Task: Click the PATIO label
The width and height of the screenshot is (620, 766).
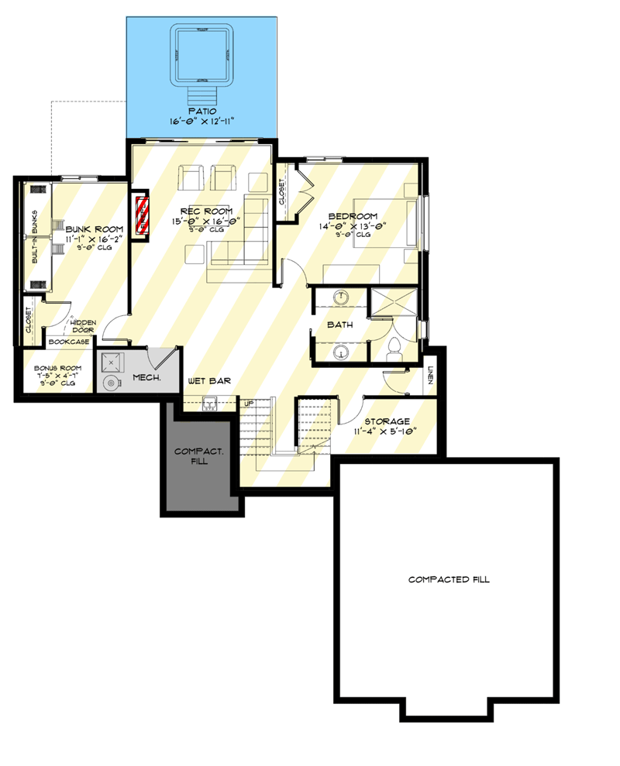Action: pyautogui.click(x=201, y=112)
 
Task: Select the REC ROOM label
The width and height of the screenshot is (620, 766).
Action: pyautogui.click(x=206, y=210)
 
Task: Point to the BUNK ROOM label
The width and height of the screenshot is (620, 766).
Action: pyautogui.click(x=95, y=229)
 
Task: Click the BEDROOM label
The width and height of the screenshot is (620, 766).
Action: pyautogui.click(x=353, y=216)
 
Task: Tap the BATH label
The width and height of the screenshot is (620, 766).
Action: pyautogui.click(x=339, y=325)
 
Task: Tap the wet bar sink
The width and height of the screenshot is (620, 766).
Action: pyautogui.click(x=208, y=401)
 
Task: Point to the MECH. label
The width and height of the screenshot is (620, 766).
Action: pyautogui.click(x=146, y=378)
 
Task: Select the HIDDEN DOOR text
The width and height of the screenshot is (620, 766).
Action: pyautogui.click(x=82, y=325)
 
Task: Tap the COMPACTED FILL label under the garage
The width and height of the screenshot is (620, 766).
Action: pyautogui.click(x=449, y=579)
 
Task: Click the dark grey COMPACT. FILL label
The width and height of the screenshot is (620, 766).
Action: pyautogui.click(x=198, y=456)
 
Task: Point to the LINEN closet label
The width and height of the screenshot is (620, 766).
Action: pyautogui.click(x=431, y=376)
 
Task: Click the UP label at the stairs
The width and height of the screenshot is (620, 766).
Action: pyautogui.click(x=249, y=404)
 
